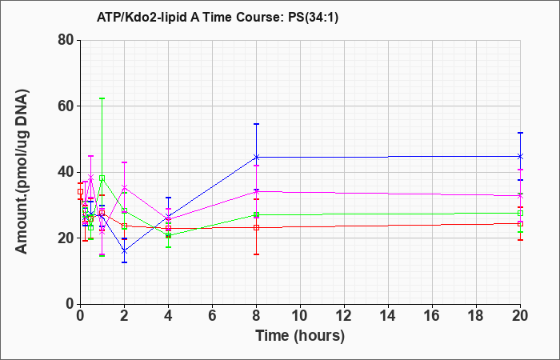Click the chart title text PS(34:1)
tap(313, 18)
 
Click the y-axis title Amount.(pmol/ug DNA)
tap(22, 172)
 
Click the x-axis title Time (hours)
tap(300, 336)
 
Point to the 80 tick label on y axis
tap(66, 40)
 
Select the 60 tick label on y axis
tap(66, 106)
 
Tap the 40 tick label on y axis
tap(66, 172)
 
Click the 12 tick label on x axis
tap(344, 316)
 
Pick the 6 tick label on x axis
tap(212, 316)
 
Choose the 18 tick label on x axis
tap(476, 316)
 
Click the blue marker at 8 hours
tap(256, 157)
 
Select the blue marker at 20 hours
tap(520, 157)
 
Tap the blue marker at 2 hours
tap(124, 251)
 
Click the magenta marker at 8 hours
tap(256, 192)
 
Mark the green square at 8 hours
tap(256, 215)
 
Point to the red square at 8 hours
tap(256, 227)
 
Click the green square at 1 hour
tap(102, 178)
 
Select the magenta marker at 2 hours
tap(124, 187)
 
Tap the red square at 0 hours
tap(80, 191)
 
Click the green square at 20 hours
tap(520, 214)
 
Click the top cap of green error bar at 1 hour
tap(102, 98)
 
